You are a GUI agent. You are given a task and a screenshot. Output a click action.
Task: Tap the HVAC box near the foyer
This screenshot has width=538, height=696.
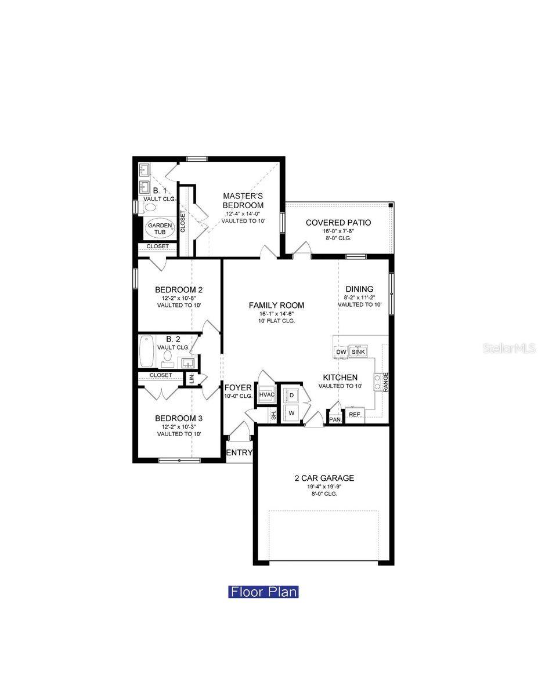coord(266,395)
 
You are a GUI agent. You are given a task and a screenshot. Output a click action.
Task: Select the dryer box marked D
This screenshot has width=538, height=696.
coord(292,394)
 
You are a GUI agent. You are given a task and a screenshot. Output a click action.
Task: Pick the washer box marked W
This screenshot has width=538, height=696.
coord(292,413)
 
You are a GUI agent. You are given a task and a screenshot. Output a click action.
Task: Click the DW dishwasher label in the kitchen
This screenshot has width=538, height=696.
coord(341,352)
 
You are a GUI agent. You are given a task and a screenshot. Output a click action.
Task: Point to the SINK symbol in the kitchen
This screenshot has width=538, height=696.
coord(358,351)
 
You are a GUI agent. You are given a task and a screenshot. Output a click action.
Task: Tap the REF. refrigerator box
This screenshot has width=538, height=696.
coord(355,414)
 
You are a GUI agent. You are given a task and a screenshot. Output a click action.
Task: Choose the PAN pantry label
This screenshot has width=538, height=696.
coord(335,419)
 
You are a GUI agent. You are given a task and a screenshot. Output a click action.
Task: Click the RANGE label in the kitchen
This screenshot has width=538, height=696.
coord(385,382)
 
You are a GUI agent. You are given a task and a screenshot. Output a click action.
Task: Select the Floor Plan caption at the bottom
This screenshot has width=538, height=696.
coord(263,592)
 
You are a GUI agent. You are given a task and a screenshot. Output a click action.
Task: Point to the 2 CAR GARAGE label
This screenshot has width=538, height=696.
coord(324,478)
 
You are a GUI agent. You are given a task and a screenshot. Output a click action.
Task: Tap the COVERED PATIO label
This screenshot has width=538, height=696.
coord(338,223)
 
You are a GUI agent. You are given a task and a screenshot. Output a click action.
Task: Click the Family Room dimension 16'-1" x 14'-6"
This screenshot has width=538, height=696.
coord(276,314)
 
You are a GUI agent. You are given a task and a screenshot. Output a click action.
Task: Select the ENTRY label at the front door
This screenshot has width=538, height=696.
coord(239,453)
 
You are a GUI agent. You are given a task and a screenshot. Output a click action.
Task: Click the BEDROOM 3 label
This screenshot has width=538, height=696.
coord(178,418)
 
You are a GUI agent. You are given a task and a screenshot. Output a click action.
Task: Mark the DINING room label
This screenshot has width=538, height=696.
coord(359,289)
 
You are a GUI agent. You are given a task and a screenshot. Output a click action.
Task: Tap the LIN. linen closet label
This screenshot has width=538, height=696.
coord(192,379)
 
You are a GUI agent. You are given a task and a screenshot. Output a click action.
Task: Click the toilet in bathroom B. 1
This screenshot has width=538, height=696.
coord(149,206)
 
